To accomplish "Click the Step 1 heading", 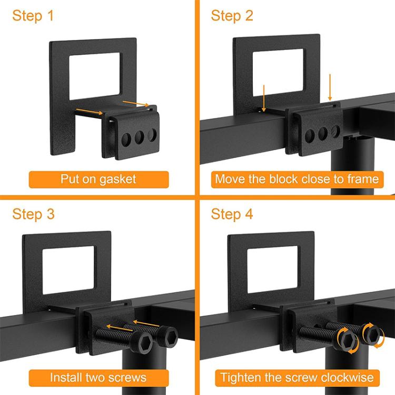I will pos(33,15).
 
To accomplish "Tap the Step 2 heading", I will pos(232,15).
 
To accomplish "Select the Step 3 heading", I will pos(33,214).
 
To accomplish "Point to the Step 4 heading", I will pos(232,214).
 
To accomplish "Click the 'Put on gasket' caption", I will pos(98,179).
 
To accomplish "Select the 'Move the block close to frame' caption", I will pos(297,179).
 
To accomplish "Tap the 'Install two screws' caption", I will pos(98,377).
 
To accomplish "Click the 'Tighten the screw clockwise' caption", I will pos(297,377).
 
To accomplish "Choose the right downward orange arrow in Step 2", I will pos(330,87).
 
